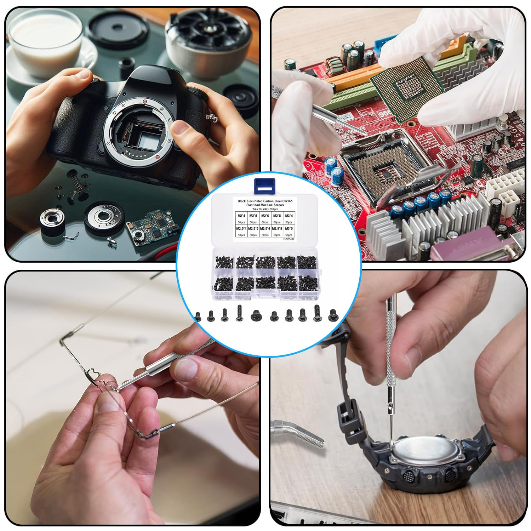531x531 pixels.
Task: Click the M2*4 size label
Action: pyautogui.click(x=242, y=215)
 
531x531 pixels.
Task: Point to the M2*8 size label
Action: pyautogui.click(x=277, y=215)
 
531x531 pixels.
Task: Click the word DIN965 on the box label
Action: pyautogui.click(x=285, y=201)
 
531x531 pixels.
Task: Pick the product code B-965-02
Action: pyautogui.click(x=289, y=239)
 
